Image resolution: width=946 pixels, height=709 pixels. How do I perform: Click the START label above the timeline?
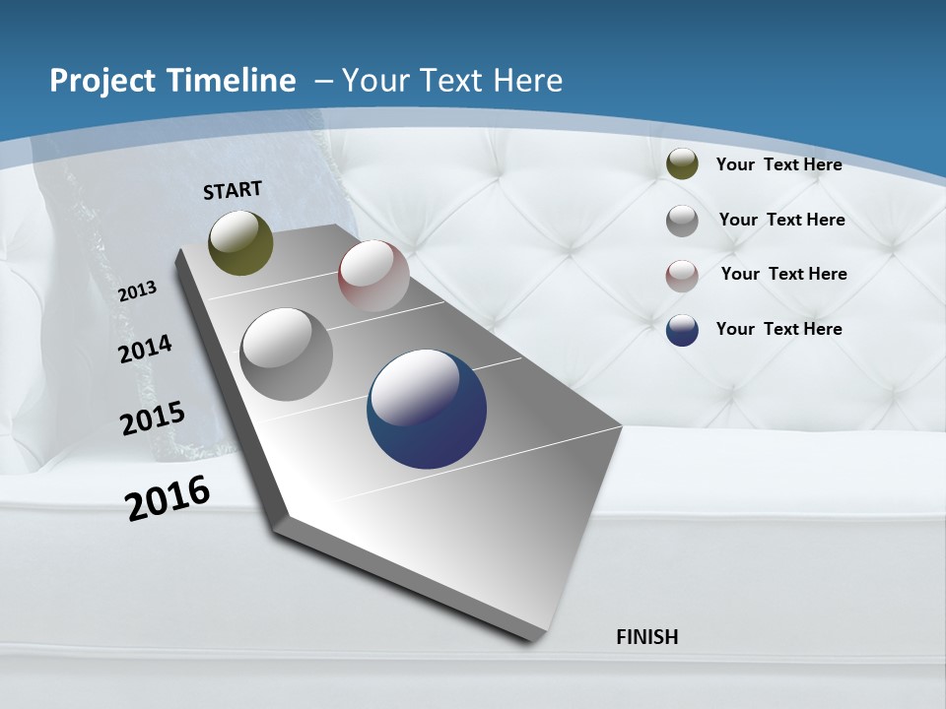(x=233, y=190)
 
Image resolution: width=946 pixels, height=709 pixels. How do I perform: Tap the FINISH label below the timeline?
(x=646, y=636)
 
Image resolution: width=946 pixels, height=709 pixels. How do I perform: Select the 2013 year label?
(x=138, y=290)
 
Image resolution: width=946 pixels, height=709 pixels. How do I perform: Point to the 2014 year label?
(x=146, y=349)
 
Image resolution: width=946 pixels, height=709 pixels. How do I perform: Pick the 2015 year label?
(x=153, y=419)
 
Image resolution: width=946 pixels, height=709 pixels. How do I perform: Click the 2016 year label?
(x=168, y=497)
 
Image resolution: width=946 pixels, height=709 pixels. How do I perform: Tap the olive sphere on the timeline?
(x=240, y=242)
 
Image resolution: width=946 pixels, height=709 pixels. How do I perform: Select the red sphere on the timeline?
(x=373, y=276)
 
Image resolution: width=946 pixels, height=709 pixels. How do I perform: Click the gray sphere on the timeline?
(x=286, y=354)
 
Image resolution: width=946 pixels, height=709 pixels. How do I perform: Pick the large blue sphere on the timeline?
(x=427, y=409)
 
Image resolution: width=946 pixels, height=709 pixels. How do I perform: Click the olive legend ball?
(x=682, y=164)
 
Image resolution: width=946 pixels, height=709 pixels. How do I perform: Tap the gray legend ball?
(x=682, y=221)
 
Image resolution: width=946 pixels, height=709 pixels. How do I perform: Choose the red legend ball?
(x=682, y=276)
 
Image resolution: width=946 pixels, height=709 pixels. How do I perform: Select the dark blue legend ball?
(x=682, y=330)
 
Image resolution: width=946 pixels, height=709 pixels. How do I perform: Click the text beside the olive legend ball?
(x=778, y=164)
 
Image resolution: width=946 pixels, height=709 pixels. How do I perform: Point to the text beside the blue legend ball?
(x=778, y=329)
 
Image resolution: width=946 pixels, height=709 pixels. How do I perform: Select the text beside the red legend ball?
(x=783, y=274)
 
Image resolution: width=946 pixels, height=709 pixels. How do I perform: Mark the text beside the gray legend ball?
(x=781, y=220)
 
